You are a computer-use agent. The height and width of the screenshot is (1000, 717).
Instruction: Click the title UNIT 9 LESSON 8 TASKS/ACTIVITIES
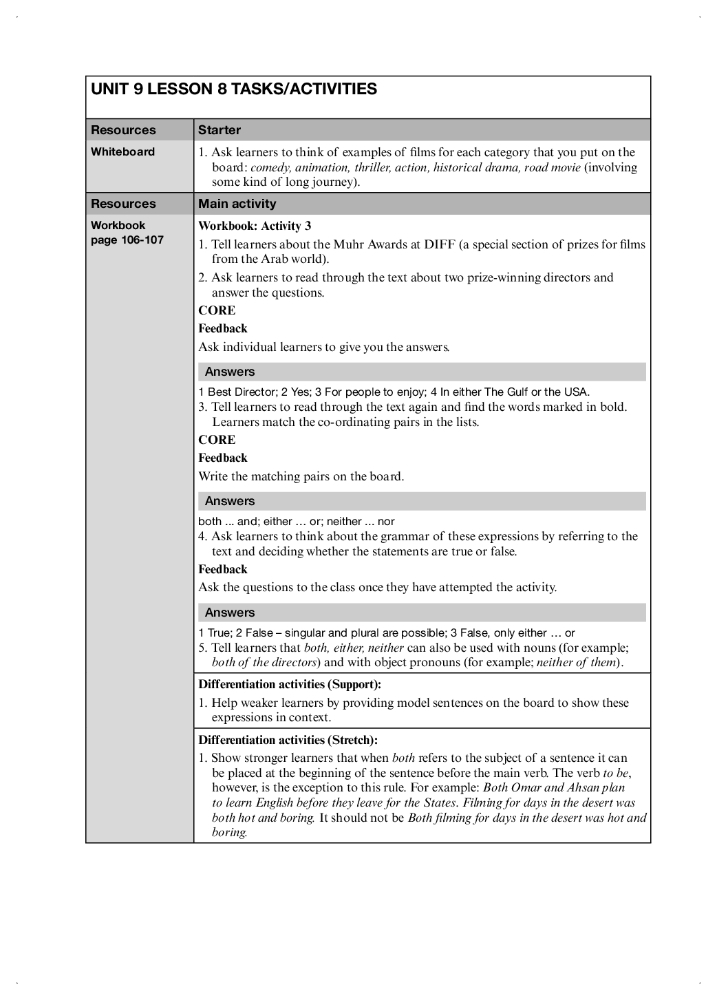(234, 89)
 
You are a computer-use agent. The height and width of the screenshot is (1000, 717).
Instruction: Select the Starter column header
(220, 130)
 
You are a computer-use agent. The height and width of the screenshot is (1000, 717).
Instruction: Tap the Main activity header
(237, 204)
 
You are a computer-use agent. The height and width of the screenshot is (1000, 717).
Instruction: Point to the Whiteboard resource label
(122, 152)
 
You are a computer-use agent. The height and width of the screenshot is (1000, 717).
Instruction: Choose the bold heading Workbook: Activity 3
(255, 226)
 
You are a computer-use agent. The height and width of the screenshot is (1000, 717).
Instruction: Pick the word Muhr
(352, 244)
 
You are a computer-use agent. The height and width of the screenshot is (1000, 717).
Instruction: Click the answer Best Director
(242, 392)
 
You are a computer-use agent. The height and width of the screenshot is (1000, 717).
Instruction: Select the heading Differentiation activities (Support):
(290, 684)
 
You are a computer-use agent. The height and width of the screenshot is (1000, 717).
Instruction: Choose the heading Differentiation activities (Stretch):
(288, 740)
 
